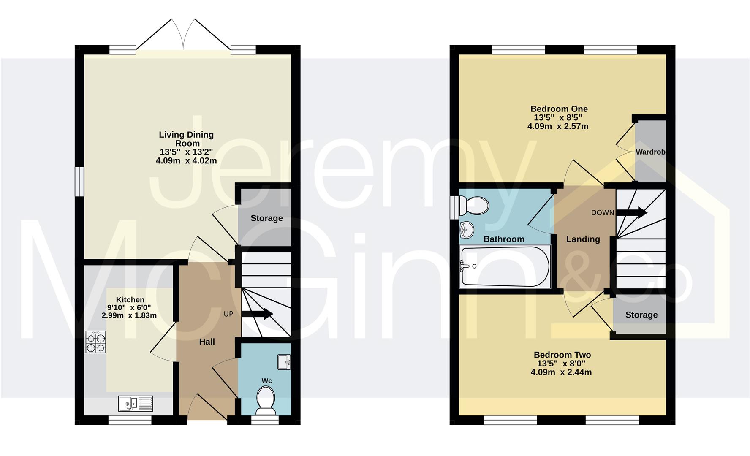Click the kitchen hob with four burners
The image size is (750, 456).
coord(96,342)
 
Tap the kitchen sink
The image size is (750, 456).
coord(135,403)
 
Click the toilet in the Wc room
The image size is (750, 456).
coord(266,401)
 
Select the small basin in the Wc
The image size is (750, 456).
coord(284,362)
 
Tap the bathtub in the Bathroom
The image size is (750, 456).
coord(505,266)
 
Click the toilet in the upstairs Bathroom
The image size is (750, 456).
coord(476,206)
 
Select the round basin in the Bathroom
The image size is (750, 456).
coord(467,230)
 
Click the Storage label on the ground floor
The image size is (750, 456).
coord(266,218)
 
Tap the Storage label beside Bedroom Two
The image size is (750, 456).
coord(641,315)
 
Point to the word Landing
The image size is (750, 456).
coord(583,239)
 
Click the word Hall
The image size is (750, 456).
coord(207,342)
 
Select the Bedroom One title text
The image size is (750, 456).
coord(559,109)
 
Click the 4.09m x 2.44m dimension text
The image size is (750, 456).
coord(561,372)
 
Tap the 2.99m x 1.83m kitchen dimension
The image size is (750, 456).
coord(129,315)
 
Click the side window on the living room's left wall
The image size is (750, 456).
coord(79,182)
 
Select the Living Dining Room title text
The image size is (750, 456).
coord(186,139)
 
